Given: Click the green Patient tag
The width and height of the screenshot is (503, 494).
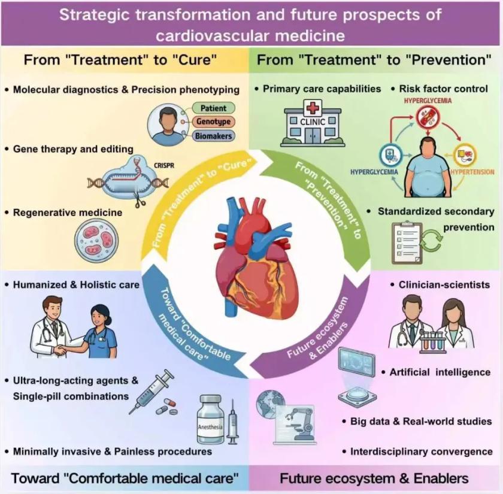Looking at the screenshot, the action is (x=213, y=108).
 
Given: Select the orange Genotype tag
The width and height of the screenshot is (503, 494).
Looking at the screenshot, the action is (x=213, y=122).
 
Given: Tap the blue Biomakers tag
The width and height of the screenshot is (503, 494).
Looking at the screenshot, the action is (x=213, y=136).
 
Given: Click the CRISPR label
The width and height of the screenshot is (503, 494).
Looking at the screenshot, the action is (x=164, y=165).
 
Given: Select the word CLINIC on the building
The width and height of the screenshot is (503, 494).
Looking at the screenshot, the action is (x=313, y=122).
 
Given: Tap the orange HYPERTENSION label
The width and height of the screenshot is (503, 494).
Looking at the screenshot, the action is (x=472, y=172).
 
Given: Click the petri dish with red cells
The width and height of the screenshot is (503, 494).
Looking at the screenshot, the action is (x=96, y=241).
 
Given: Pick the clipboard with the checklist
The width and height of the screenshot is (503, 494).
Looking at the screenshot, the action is (x=407, y=243).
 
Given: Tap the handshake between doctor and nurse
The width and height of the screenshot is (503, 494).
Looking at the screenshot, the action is (x=61, y=349).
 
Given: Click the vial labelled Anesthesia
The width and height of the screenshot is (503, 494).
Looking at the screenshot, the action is (x=210, y=419).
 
